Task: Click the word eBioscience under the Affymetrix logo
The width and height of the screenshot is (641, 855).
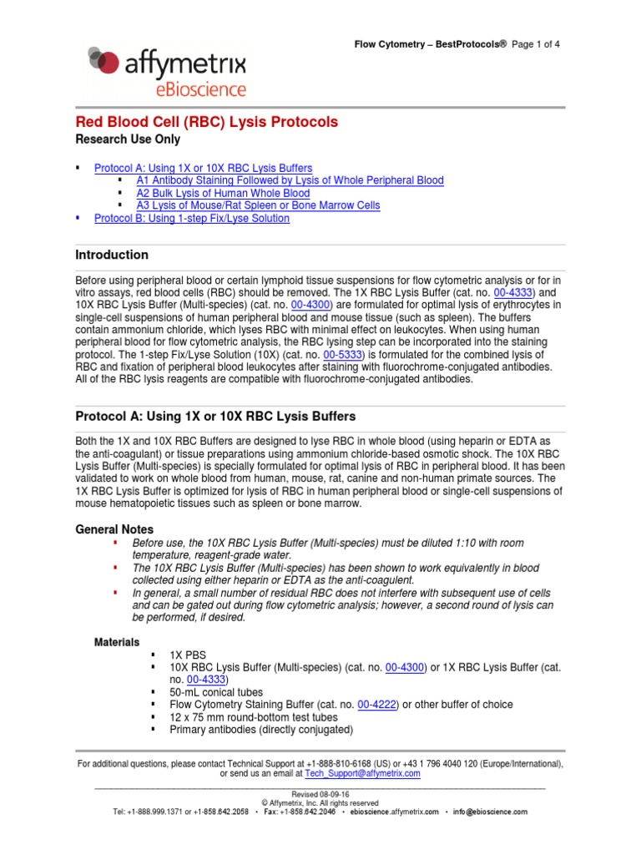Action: (191, 89)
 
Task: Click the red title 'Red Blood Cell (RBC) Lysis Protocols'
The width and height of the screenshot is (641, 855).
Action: (207, 122)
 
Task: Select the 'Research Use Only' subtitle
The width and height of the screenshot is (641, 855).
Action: (128, 139)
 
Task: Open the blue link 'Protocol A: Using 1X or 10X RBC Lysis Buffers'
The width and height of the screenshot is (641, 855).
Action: (204, 168)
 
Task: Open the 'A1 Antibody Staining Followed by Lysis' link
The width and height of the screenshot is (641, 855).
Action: (290, 180)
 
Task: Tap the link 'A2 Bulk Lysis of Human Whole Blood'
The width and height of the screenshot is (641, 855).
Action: (223, 193)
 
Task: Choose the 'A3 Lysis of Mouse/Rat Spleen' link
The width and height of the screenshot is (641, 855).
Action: (258, 205)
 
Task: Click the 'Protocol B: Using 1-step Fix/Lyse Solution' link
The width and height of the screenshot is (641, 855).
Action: (192, 218)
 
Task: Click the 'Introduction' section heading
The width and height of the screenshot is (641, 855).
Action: (112, 255)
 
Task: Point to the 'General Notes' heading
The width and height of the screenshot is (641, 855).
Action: (114, 529)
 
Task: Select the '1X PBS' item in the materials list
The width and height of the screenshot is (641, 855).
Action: (188, 655)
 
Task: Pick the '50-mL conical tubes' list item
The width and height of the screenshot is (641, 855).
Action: (216, 692)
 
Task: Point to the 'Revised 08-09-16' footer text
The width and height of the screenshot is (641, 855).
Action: (320, 794)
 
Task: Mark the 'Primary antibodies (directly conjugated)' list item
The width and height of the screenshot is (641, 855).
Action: (261, 730)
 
